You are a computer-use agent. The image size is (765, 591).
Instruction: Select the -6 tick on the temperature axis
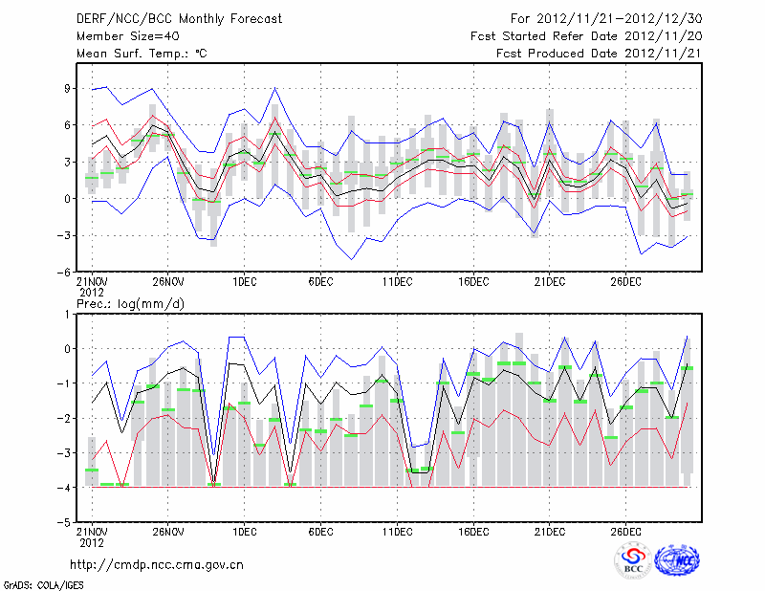65,272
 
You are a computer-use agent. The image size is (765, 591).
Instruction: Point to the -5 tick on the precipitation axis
65,523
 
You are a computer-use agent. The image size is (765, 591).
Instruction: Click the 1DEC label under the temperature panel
244,281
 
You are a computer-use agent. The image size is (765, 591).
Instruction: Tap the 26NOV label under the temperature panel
167,281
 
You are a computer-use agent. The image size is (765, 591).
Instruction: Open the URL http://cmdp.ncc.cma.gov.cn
156,564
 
